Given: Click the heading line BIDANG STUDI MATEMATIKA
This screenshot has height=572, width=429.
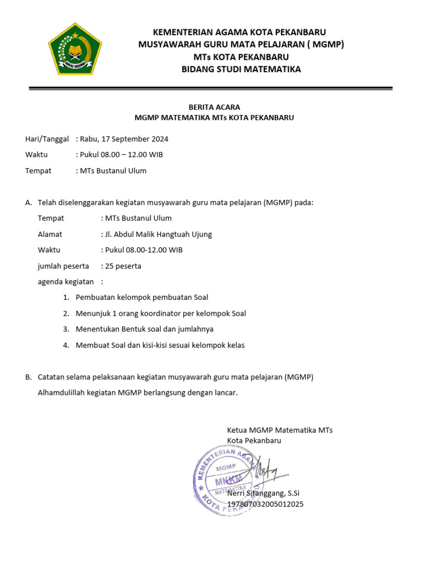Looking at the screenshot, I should point(241,69).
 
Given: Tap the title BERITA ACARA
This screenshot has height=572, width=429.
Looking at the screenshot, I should point(214,107).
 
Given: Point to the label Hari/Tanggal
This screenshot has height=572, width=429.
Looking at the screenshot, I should point(47,139).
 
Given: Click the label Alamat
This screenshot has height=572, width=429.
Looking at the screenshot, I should point(50,235).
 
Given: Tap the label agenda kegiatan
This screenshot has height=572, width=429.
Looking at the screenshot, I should point(66,282).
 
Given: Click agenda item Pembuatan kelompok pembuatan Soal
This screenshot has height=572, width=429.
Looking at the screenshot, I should point(142,298).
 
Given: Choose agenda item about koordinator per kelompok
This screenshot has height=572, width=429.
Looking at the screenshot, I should point(161,314).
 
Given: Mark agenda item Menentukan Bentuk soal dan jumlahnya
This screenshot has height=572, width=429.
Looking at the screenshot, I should point(145,330).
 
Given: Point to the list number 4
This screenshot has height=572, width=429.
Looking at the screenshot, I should point(66,345).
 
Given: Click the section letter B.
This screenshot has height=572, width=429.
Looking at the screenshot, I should point(28,378).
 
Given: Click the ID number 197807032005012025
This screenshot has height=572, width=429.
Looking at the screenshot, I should point(266,504).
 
